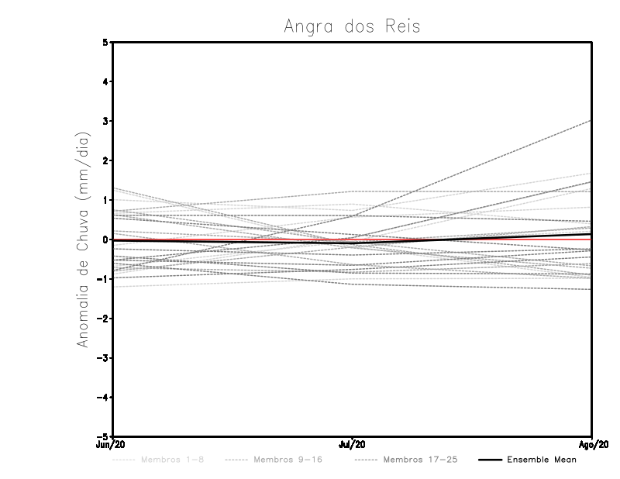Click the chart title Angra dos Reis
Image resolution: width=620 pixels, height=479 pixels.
point(352,26)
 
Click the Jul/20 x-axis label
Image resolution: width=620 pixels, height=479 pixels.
point(353,445)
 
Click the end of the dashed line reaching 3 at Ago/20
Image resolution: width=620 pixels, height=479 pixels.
point(591,121)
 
